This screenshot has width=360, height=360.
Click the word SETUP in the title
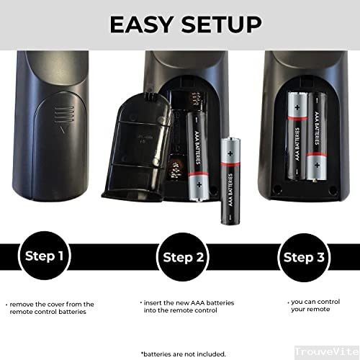tap(217, 24)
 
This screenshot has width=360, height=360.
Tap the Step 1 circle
tap(45, 256)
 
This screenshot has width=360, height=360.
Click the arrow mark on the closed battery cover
tap(63, 131)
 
